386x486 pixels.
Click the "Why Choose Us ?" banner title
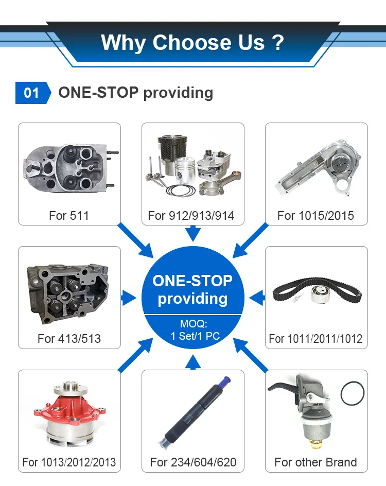[x=192, y=42]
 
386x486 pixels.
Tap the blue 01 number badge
[x=33, y=93]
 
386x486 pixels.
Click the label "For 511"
[x=69, y=216]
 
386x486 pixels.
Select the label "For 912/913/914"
[x=191, y=216]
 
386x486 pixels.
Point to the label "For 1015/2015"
[x=315, y=216]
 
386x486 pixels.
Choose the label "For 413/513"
[x=69, y=339]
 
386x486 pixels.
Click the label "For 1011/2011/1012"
[x=315, y=339]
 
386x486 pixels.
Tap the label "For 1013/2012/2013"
[x=69, y=462]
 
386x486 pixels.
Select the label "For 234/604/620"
[x=193, y=462]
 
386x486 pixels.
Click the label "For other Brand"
[x=315, y=462]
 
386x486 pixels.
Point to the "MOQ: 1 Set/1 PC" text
[x=195, y=330]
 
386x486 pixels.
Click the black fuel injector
[x=195, y=412]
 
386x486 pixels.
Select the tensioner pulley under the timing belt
[x=321, y=295]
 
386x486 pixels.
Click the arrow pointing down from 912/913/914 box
[x=193, y=233]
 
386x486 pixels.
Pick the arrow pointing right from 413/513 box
[x=128, y=298]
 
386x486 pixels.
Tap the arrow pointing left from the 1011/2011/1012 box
[x=257, y=298]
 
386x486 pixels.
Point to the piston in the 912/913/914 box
[x=185, y=170]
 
